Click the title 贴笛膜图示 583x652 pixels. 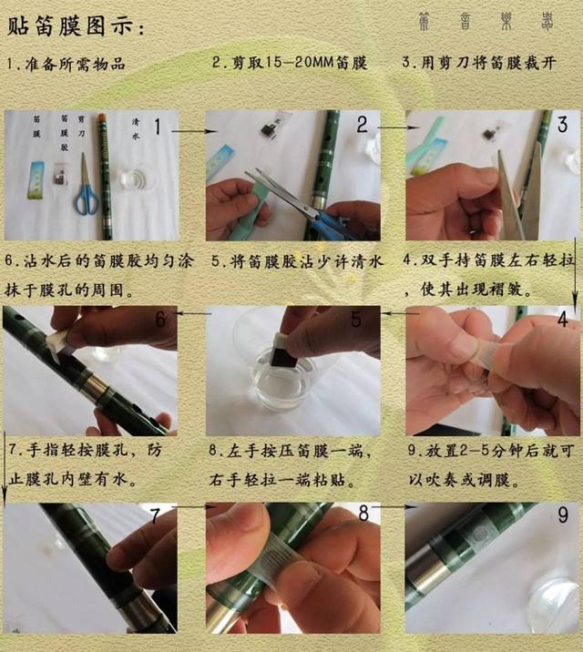75,26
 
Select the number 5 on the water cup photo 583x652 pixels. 356,319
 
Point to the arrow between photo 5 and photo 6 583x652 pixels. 193,314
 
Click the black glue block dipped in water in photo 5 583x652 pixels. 283,351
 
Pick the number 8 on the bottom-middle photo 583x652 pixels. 363,513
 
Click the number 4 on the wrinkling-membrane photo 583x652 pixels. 562,319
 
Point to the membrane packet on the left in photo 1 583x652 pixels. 37,178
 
